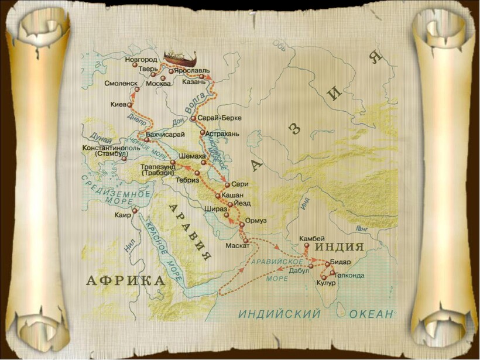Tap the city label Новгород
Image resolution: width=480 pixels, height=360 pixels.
pyautogui.click(x=141, y=60)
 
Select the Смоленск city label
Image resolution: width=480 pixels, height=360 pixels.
pyautogui.click(x=121, y=83)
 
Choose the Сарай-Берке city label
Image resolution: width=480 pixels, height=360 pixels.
pyautogui.click(x=216, y=118)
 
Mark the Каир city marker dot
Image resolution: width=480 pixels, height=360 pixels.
pyautogui.click(x=135, y=211)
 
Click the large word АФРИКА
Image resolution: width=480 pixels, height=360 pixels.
pyautogui.click(x=126, y=280)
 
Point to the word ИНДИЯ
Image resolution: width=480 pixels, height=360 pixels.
pyautogui.click(x=340, y=246)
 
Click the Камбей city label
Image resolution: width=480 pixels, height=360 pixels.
pyautogui.click(x=311, y=238)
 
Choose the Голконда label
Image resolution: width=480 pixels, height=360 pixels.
pyautogui.click(x=349, y=275)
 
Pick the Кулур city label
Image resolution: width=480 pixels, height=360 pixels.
pyautogui.click(x=326, y=284)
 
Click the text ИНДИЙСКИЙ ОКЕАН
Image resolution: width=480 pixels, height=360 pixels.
pyautogui.click(x=316, y=314)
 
